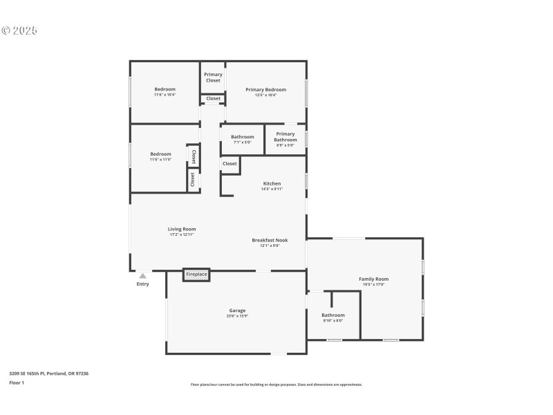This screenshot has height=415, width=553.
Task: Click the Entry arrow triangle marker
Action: [142, 276]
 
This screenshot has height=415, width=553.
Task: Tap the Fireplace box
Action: [196, 275]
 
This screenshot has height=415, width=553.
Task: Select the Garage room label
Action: [237, 311]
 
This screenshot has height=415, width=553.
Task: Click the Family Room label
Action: [373, 279]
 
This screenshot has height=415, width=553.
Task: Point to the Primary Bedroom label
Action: [265, 90]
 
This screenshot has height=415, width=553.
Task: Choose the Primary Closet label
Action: [213, 77]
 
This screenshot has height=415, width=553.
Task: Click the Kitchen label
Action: [272, 184]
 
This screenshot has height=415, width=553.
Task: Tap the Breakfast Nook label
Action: [270, 241]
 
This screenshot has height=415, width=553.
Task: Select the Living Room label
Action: [182, 230]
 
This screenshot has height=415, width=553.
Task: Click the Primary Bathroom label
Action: [285, 137]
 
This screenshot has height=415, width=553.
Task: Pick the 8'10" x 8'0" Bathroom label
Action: [332, 315]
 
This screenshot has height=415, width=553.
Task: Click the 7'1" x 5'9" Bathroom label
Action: [242, 137]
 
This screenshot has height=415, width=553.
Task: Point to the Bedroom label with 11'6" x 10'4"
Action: [165, 89]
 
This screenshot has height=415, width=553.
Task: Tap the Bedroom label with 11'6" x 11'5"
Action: [160, 154]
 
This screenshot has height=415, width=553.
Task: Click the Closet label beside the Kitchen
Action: [229, 164]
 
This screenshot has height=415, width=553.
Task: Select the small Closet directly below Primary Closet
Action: [213, 99]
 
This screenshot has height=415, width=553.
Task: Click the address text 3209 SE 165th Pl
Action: [48, 373]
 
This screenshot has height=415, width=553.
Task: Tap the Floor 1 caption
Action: [17, 382]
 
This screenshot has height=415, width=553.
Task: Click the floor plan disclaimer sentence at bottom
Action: [276, 385]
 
